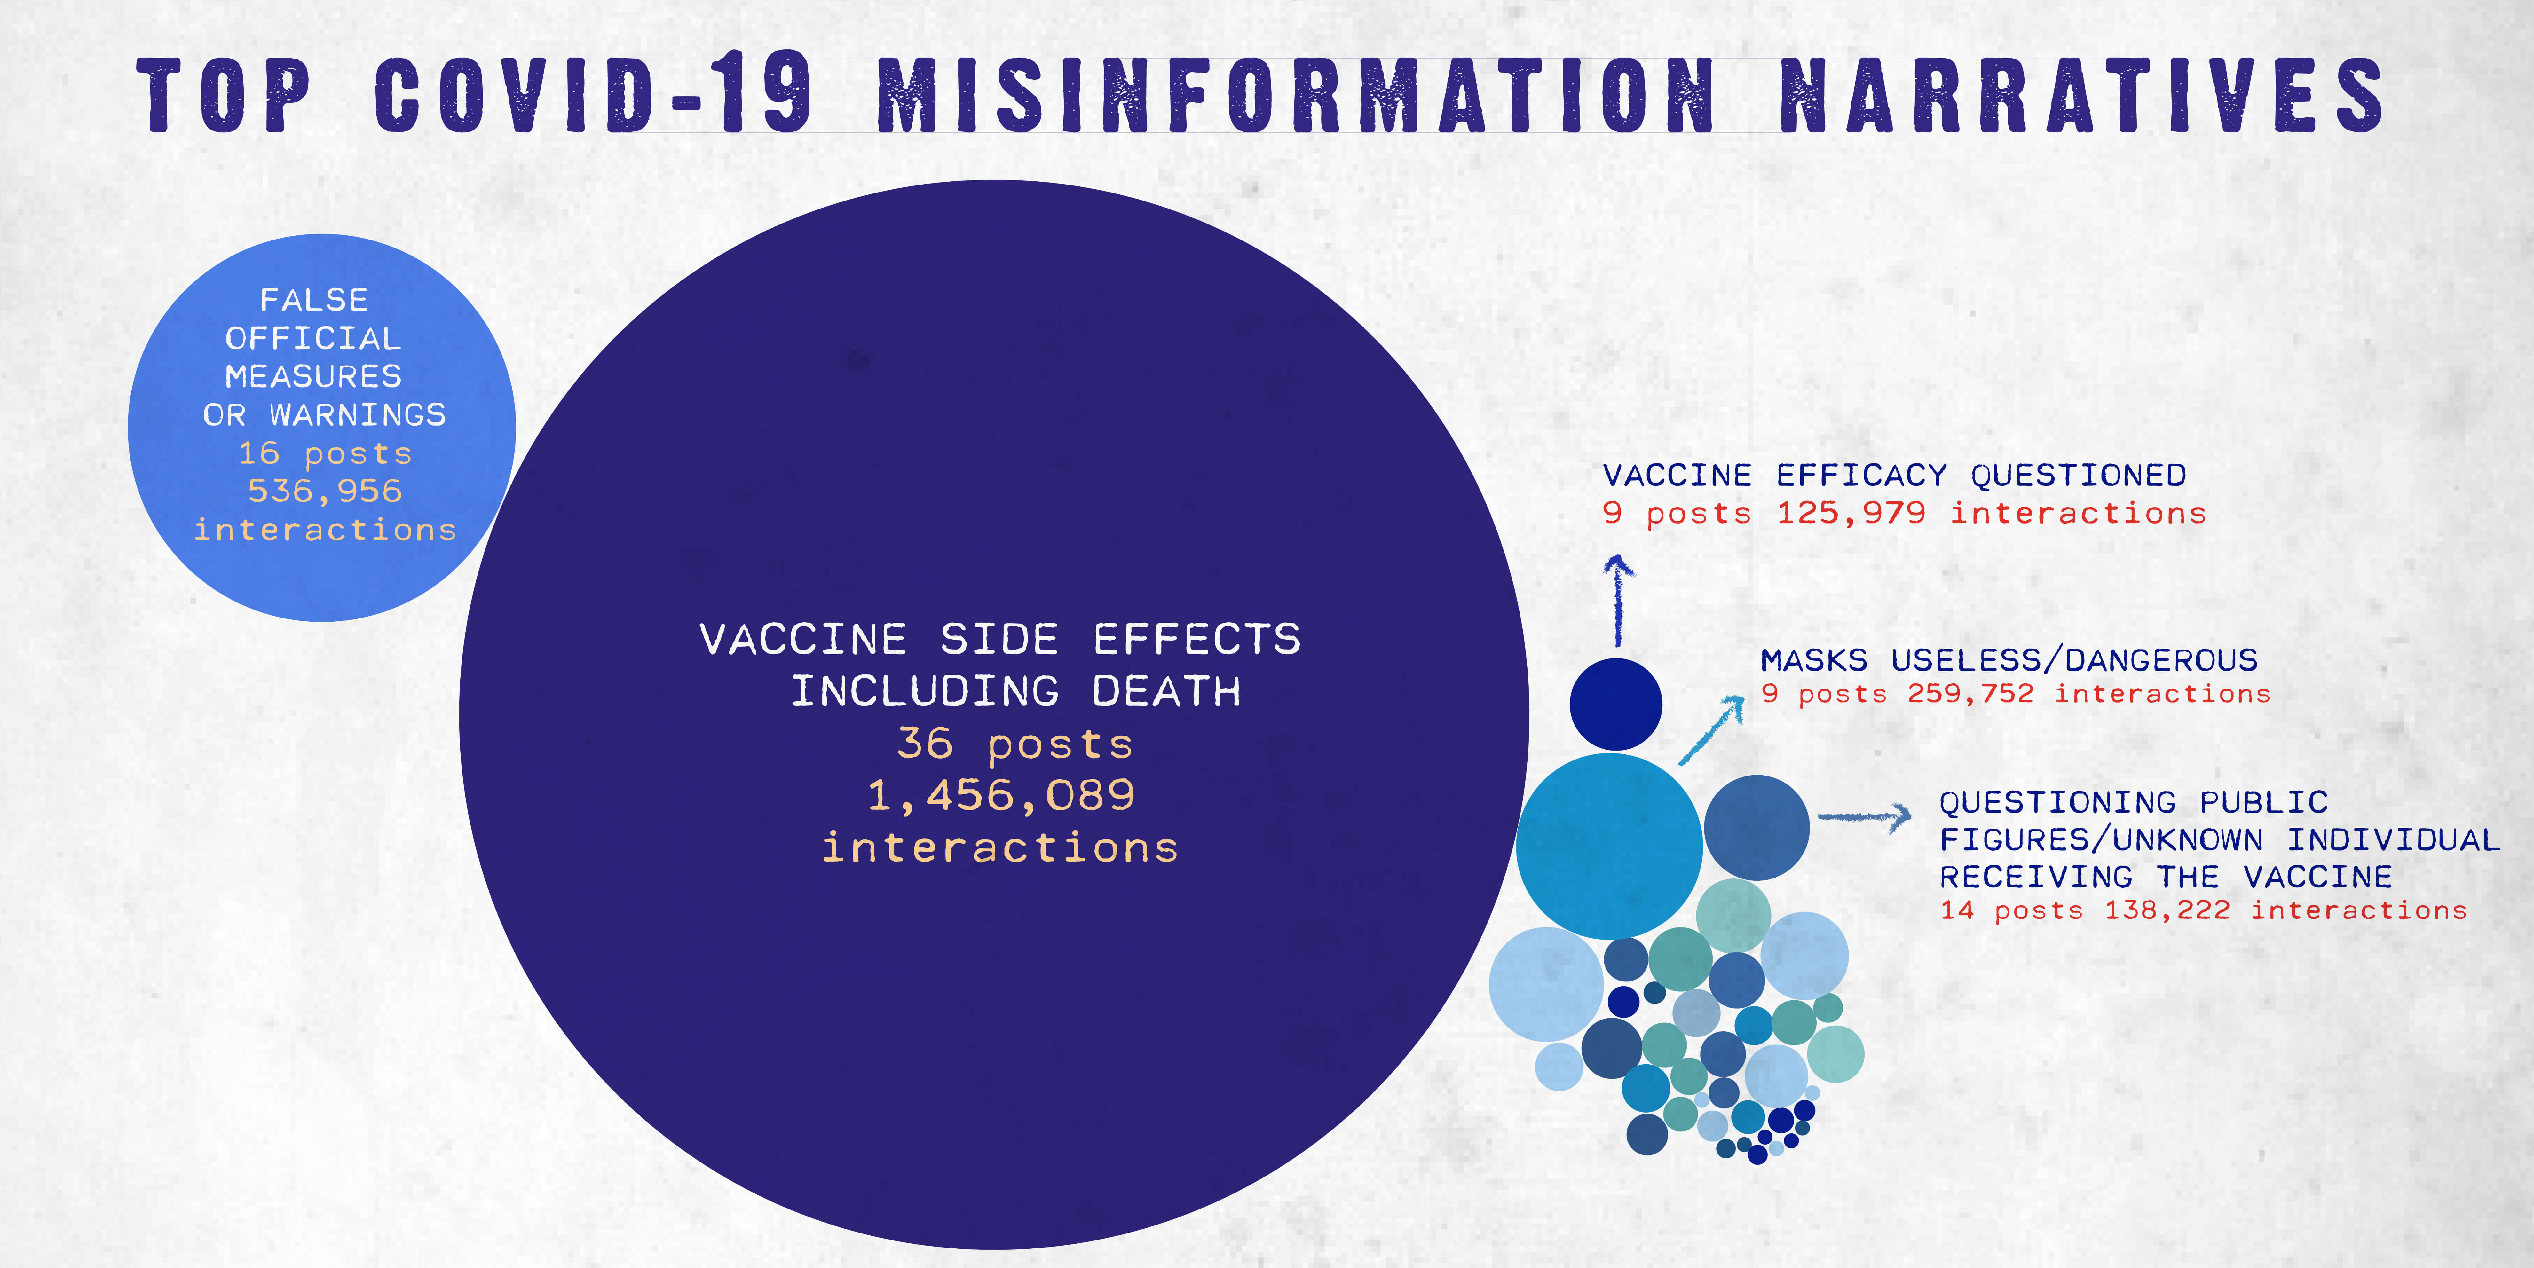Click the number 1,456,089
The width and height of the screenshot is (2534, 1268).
[1000, 795]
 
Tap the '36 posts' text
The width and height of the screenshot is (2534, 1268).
[1014, 744]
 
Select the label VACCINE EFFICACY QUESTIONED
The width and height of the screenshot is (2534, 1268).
[1894, 475]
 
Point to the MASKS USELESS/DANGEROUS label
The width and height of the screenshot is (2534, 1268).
[2009, 659]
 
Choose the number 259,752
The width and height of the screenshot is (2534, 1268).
[1970, 694]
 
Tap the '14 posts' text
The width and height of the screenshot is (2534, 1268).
[2012, 910]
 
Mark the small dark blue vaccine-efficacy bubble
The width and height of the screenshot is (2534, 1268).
[1615, 704]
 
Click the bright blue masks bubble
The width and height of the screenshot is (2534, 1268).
[1609, 846]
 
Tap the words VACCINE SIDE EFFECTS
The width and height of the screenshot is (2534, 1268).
[1000, 639]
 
